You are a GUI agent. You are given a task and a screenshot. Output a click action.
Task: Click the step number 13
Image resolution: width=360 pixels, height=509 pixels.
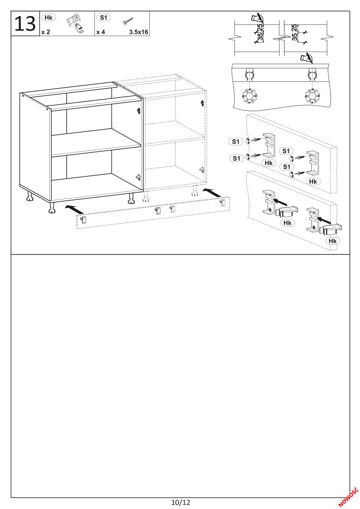coord(25,24)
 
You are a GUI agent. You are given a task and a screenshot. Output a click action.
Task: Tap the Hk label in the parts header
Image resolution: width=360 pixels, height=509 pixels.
coord(48,18)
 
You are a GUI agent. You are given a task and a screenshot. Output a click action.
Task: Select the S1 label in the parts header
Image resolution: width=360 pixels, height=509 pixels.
coord(103,17)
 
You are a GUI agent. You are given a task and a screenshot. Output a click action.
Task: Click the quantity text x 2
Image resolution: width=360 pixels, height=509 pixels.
coord(46,32)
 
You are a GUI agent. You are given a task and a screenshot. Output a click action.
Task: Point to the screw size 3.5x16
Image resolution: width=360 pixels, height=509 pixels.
coord(139,32)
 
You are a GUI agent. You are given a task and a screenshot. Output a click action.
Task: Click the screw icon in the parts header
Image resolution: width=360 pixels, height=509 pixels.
coord(128,21)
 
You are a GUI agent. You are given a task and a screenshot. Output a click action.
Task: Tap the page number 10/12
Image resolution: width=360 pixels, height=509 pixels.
coord(181,502)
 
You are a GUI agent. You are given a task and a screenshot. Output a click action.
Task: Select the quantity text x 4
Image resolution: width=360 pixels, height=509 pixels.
coord(100,32)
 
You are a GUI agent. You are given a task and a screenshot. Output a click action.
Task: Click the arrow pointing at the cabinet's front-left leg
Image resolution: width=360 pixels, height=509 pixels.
coord(74,209)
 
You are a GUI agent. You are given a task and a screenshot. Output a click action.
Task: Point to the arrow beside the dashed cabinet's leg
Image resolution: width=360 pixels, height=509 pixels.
coord(212,192)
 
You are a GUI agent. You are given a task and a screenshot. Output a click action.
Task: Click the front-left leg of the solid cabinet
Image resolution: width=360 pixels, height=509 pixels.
coord(52,208)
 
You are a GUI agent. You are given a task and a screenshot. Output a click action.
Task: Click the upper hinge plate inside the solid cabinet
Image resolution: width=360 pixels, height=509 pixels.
coord(139,110)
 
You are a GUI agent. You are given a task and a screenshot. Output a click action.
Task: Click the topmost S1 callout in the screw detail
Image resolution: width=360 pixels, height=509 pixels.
coord(236,142)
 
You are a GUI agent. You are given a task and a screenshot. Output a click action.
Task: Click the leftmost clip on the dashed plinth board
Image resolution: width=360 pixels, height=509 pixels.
coord(84,220)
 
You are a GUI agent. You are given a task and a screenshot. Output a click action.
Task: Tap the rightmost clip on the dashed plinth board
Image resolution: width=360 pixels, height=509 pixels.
coord(222,203)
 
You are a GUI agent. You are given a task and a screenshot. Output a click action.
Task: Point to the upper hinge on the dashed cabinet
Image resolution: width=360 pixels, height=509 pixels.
coord(202,103)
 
